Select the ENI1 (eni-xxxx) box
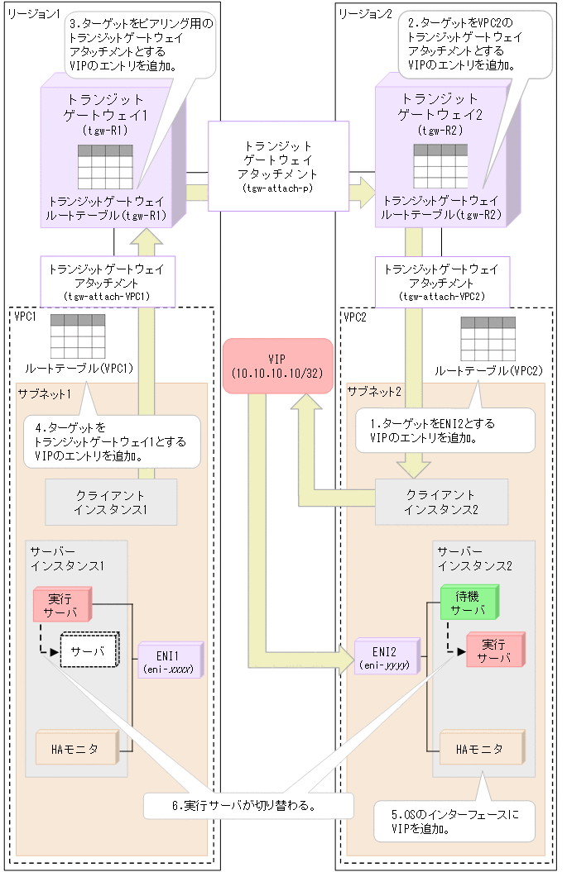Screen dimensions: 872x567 pos(170,660)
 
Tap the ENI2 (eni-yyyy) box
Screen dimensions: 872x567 pos(387,658)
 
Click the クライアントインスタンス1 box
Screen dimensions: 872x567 pos(111,501)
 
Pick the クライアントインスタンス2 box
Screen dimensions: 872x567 pos(441,501)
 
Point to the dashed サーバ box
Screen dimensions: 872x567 pos(91,651)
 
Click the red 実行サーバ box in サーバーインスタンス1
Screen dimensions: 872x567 pos(59,605)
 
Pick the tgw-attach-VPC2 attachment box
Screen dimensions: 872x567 pos(442,281)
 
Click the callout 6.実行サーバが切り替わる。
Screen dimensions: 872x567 pos(248,804)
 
